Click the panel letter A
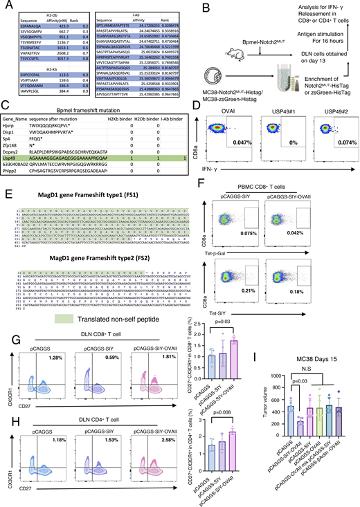[x=5, y=6]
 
